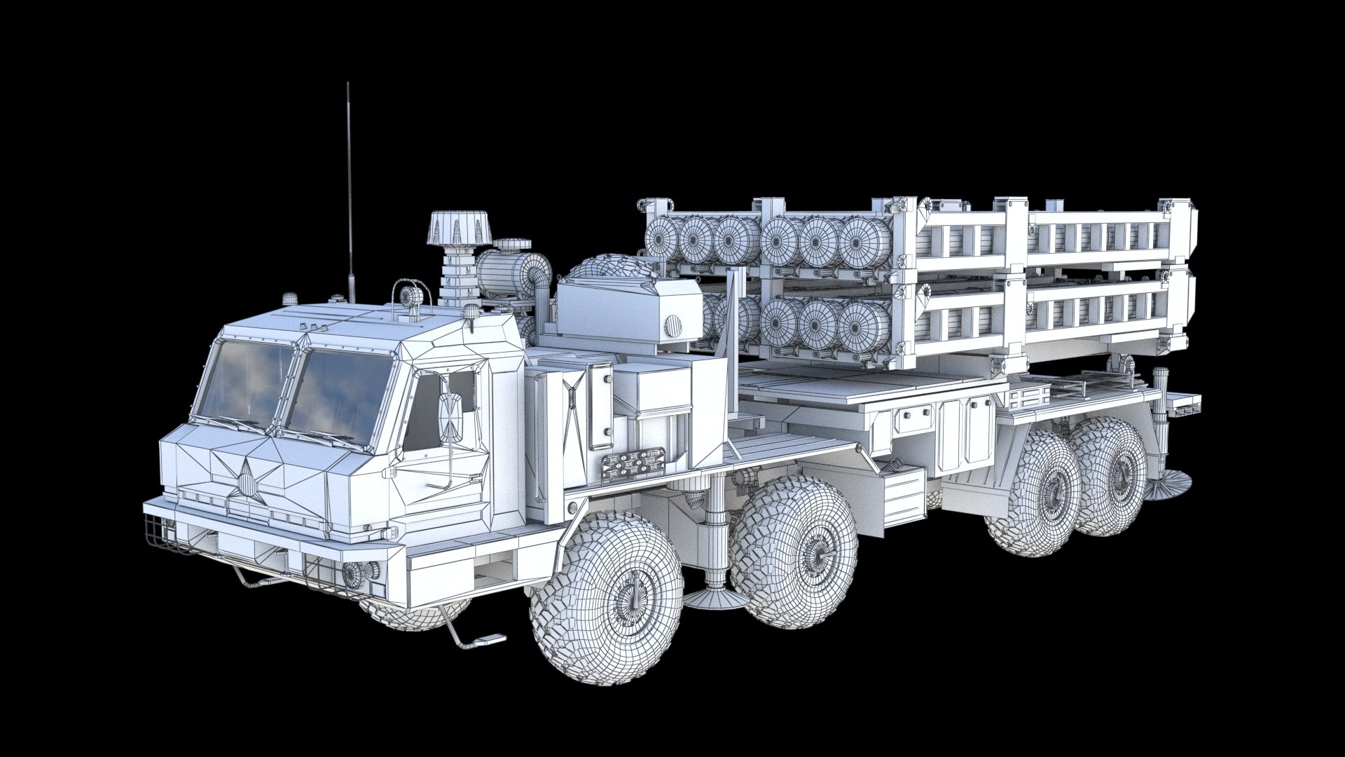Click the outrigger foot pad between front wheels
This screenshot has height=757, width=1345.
point(714,596)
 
